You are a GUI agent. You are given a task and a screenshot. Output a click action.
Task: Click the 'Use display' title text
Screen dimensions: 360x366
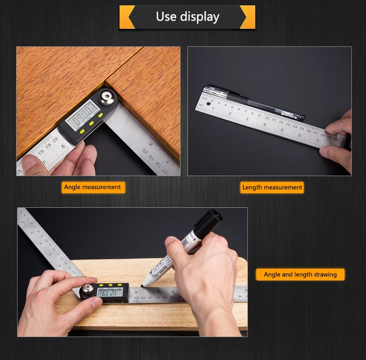point(187,17)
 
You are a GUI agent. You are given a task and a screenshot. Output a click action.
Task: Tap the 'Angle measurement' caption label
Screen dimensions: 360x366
point(92,187)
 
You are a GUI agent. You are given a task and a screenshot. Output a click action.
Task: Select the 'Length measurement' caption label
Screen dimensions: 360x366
point(272,187)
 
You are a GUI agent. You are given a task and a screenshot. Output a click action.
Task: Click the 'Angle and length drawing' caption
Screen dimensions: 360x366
point(300,275)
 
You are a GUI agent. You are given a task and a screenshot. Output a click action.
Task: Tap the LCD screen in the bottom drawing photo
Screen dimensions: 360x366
point(109,292)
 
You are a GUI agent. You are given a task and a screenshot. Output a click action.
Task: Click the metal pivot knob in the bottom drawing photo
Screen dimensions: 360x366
point(88,292)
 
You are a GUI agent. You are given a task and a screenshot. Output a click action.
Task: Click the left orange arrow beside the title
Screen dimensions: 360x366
point(127,17)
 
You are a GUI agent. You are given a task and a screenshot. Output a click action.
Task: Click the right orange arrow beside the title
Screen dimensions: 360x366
point(247,17)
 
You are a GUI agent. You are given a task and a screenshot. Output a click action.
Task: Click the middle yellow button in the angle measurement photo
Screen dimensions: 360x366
point(91,123)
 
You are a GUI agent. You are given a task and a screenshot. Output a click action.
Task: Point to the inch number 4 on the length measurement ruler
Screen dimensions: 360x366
point(272,126)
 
